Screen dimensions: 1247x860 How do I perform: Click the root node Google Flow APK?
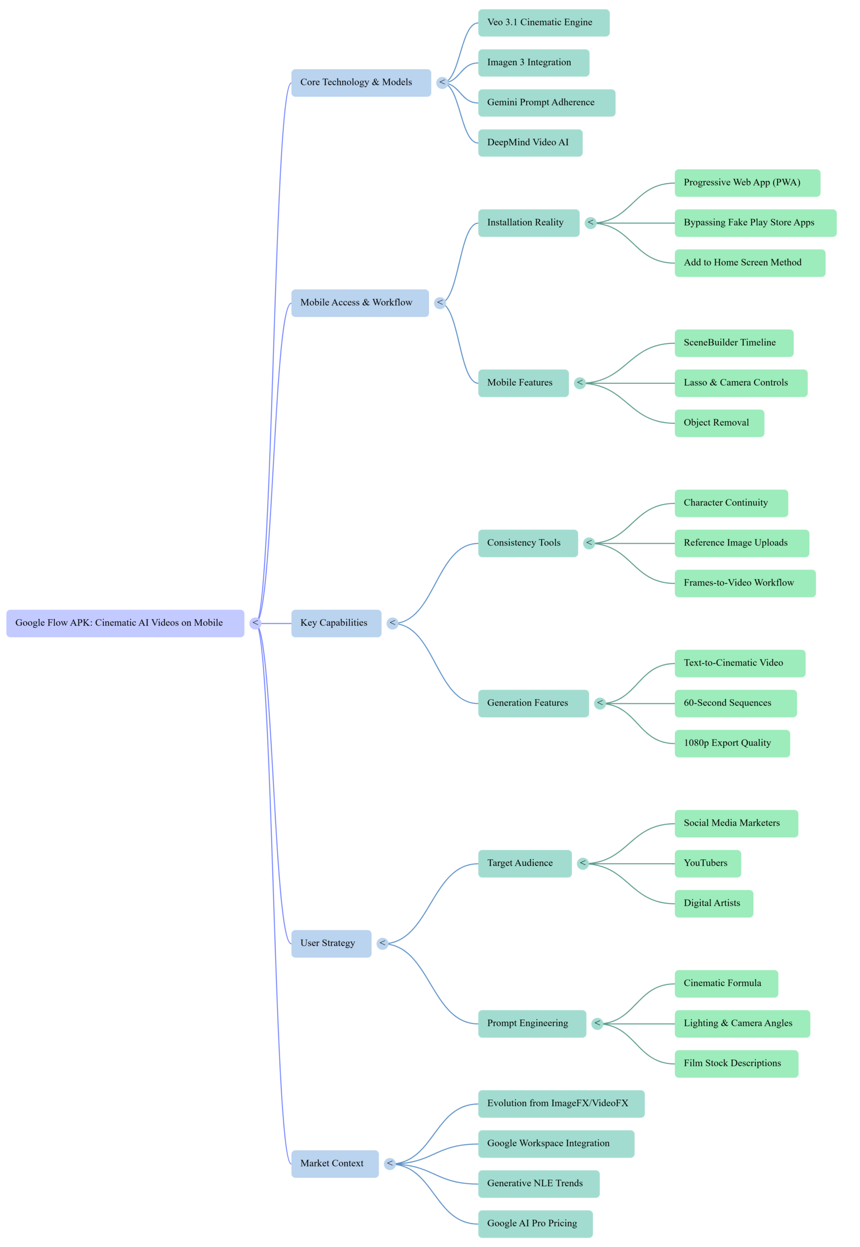pyautogui.click(x=125, y=623)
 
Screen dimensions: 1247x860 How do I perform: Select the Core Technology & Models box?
pyautogui.click(x=361, y=82)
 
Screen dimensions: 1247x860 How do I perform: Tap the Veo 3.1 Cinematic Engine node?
pyautogui.click(x=543, y=22)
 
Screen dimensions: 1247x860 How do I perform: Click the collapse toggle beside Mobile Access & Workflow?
pyautogui.click(x=440, y=302)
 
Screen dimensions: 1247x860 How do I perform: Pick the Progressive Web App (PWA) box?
pyautogui.click(x=747, y=183)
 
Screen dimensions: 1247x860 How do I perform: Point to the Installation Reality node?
pyautogui.click(x=528, y=223)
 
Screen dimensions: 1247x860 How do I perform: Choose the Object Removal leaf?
pyautogui.click(x=719, y=423)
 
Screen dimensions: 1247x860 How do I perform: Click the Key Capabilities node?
pyautogui.click(x=336, y=623)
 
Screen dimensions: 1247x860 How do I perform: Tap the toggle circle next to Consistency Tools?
pyautogui.click(x=589, y=543)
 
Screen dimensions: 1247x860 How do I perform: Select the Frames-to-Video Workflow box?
pyautogui.click(x=745, y=583)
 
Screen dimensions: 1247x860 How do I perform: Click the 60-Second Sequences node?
pyautogui.click(x=735, y=703)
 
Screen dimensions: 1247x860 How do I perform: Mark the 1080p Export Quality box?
pyautogui.click(x=732, y=743)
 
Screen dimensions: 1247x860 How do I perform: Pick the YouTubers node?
pyautogui.click(x=707, y=863)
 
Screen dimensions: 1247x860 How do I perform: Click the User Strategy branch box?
pyautogui.click(x=331, y=943)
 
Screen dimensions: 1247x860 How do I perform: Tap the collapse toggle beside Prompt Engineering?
pyautogui.click(x=597, y=1023)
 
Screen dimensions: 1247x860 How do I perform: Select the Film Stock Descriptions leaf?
pyautogui.click(x=736, y=1063)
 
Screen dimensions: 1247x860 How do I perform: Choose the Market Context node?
pyautogui.click(x=335, y=1164)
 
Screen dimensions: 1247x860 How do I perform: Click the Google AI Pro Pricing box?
pyautogui.click(x=535, y=1223)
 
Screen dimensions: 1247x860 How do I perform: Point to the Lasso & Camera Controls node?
pyautogui.click(x=740, y=383)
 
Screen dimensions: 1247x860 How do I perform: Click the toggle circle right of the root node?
pyautogui.click(x=255, y=623)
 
